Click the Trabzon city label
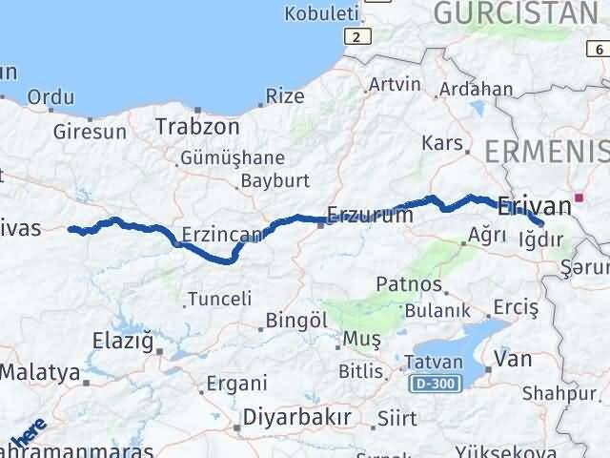tap(197, 126)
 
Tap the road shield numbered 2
tap(356, 36)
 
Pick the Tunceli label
tap(219, 299)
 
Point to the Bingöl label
tap(295, 320)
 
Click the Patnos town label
tap(408, 283)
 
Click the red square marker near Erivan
tap(579, 199)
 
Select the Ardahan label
tap(481, 90)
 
